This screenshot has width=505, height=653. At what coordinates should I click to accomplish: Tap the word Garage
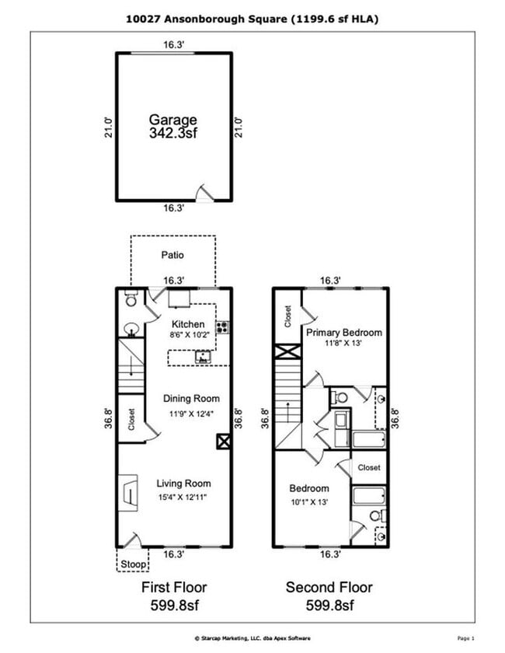click(173, 120)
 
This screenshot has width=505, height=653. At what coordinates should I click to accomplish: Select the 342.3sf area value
click(173, 133)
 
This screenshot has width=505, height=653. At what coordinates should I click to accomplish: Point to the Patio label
click(172, 254)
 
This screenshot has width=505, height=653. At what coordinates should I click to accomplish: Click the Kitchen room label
click(188, 324)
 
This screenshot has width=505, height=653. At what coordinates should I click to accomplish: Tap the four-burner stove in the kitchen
click(222, 327)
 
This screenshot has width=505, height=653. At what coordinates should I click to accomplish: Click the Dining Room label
click(191, 399)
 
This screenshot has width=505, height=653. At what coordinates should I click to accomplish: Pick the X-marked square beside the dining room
click(224, 442)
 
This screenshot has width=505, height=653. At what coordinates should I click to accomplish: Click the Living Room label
click(184, 483)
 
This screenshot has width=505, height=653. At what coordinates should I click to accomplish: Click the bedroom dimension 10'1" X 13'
click(309, 501)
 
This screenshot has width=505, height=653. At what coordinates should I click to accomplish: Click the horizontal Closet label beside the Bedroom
click(369, 468)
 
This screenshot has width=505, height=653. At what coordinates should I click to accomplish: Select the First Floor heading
click(174, 587)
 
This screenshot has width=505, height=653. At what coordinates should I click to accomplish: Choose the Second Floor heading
click(329, 587)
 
